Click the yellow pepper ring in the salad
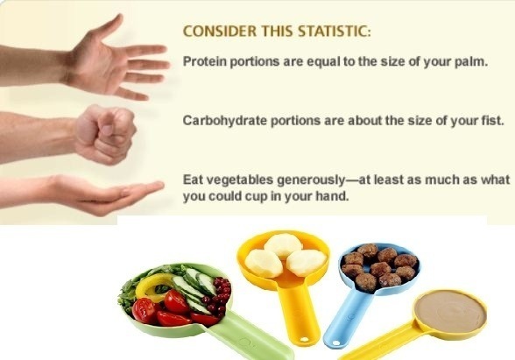pyautogui.click(x=153, y=286)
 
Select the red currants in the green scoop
pyautogui.click(x=217, y=294)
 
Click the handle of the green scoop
pyautogui.click(x=250, y=337)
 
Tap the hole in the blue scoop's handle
pyautogui.click(x=335, y=343)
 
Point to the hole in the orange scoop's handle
pyautogui.click(x=305, y=339)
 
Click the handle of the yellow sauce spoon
pyautogui.click(x=381, y=342)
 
